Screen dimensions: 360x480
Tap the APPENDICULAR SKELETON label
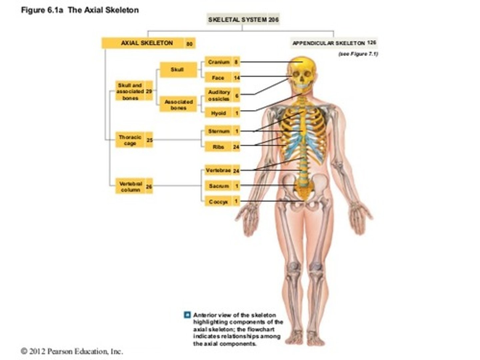click(329, 43)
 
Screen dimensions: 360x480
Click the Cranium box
click(219, 62)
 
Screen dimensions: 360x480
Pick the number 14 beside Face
click(237, 78)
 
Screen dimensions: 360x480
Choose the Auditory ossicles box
click(219, 95)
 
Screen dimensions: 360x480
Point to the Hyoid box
click(219, 113)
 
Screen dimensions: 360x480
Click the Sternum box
click(219, 131)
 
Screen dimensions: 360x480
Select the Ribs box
click(219, 147)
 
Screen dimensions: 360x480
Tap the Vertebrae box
click(218, 171)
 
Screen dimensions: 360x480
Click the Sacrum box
click(219, 186)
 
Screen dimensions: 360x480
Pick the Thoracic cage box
click(130, 140)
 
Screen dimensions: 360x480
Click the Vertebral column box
click(130, 187)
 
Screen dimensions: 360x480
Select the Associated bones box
click(178, 105)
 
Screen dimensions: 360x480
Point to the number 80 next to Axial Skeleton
click(190, 44)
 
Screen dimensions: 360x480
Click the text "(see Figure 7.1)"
click(358, 54)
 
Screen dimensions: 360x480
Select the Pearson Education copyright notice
click(72, 351)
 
